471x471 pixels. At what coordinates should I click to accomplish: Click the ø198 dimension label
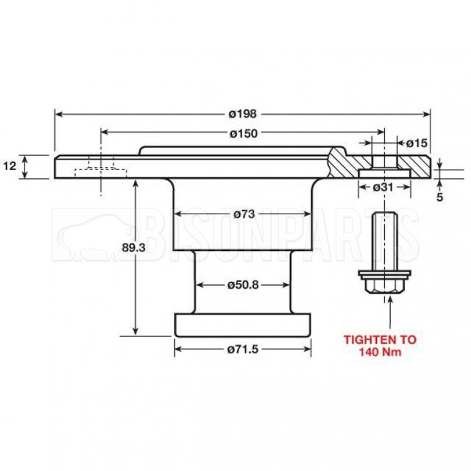(243, 114)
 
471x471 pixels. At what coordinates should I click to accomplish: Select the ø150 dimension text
(243, 133)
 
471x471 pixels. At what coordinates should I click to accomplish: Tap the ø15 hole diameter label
(416, 143)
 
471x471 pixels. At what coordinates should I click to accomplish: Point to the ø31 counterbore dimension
(383, 187)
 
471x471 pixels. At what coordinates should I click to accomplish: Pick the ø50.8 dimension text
(243, 284)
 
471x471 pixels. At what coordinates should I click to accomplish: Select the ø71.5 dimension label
(243, 349)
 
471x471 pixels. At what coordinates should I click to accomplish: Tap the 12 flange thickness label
(9, 166)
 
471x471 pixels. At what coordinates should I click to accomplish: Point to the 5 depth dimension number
(439, 198)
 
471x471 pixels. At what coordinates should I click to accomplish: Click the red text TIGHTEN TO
(380, 339)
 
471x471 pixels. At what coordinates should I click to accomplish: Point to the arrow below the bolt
(389, 312)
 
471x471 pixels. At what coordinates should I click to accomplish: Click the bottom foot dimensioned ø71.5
(243, 324)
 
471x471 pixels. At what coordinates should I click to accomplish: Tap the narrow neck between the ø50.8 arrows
(243, 269)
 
